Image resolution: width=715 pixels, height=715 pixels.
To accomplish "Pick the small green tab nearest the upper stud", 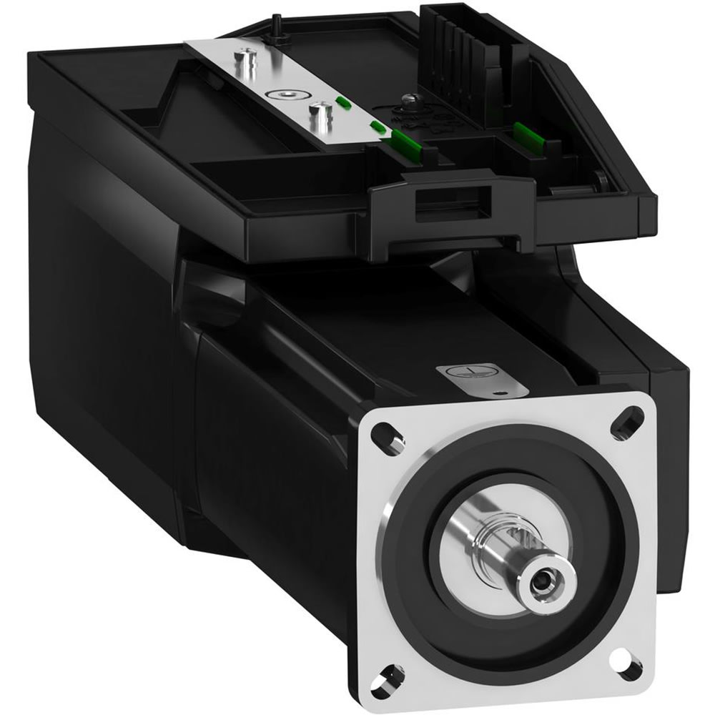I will (x=342, y=102).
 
